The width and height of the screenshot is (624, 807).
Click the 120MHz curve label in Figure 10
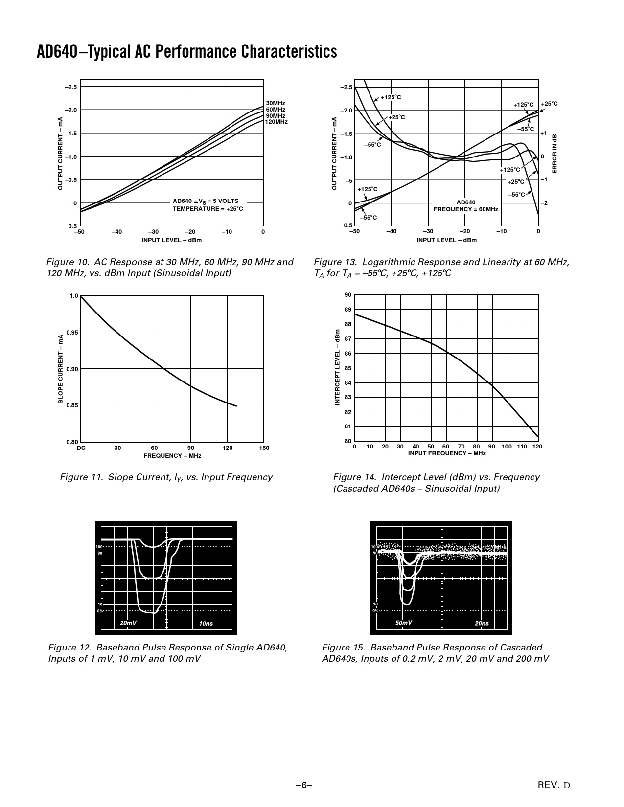point(276,121)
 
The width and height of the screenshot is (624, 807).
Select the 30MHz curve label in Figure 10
point(276,103)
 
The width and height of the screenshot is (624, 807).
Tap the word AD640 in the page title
point(56,51)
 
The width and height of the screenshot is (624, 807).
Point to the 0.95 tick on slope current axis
point(72,333)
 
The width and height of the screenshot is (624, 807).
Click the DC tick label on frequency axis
point(81,448)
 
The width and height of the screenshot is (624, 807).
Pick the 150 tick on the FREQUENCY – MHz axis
point(264,448)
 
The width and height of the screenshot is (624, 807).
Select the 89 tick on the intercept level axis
point(347,310)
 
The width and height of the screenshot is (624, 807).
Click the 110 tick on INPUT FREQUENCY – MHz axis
point(523,447)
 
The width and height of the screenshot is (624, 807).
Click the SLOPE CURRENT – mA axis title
point(61,369)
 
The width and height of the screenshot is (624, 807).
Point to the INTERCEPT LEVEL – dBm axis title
point(337,368)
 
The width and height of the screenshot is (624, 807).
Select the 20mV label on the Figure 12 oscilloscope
point(128,623)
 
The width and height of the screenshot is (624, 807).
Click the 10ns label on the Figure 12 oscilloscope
point(206,624)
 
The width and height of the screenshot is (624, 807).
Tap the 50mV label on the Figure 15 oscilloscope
point(404,623)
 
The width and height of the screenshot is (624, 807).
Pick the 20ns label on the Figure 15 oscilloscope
point(482,623)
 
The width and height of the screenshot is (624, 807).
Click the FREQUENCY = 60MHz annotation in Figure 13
point(465,209)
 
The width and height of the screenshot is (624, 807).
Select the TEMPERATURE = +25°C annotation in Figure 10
point(208,209)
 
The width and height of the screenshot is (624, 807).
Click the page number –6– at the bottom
point(304,785)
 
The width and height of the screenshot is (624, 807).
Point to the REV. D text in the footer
point(554,785)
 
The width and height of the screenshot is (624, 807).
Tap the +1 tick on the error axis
point(543,133)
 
